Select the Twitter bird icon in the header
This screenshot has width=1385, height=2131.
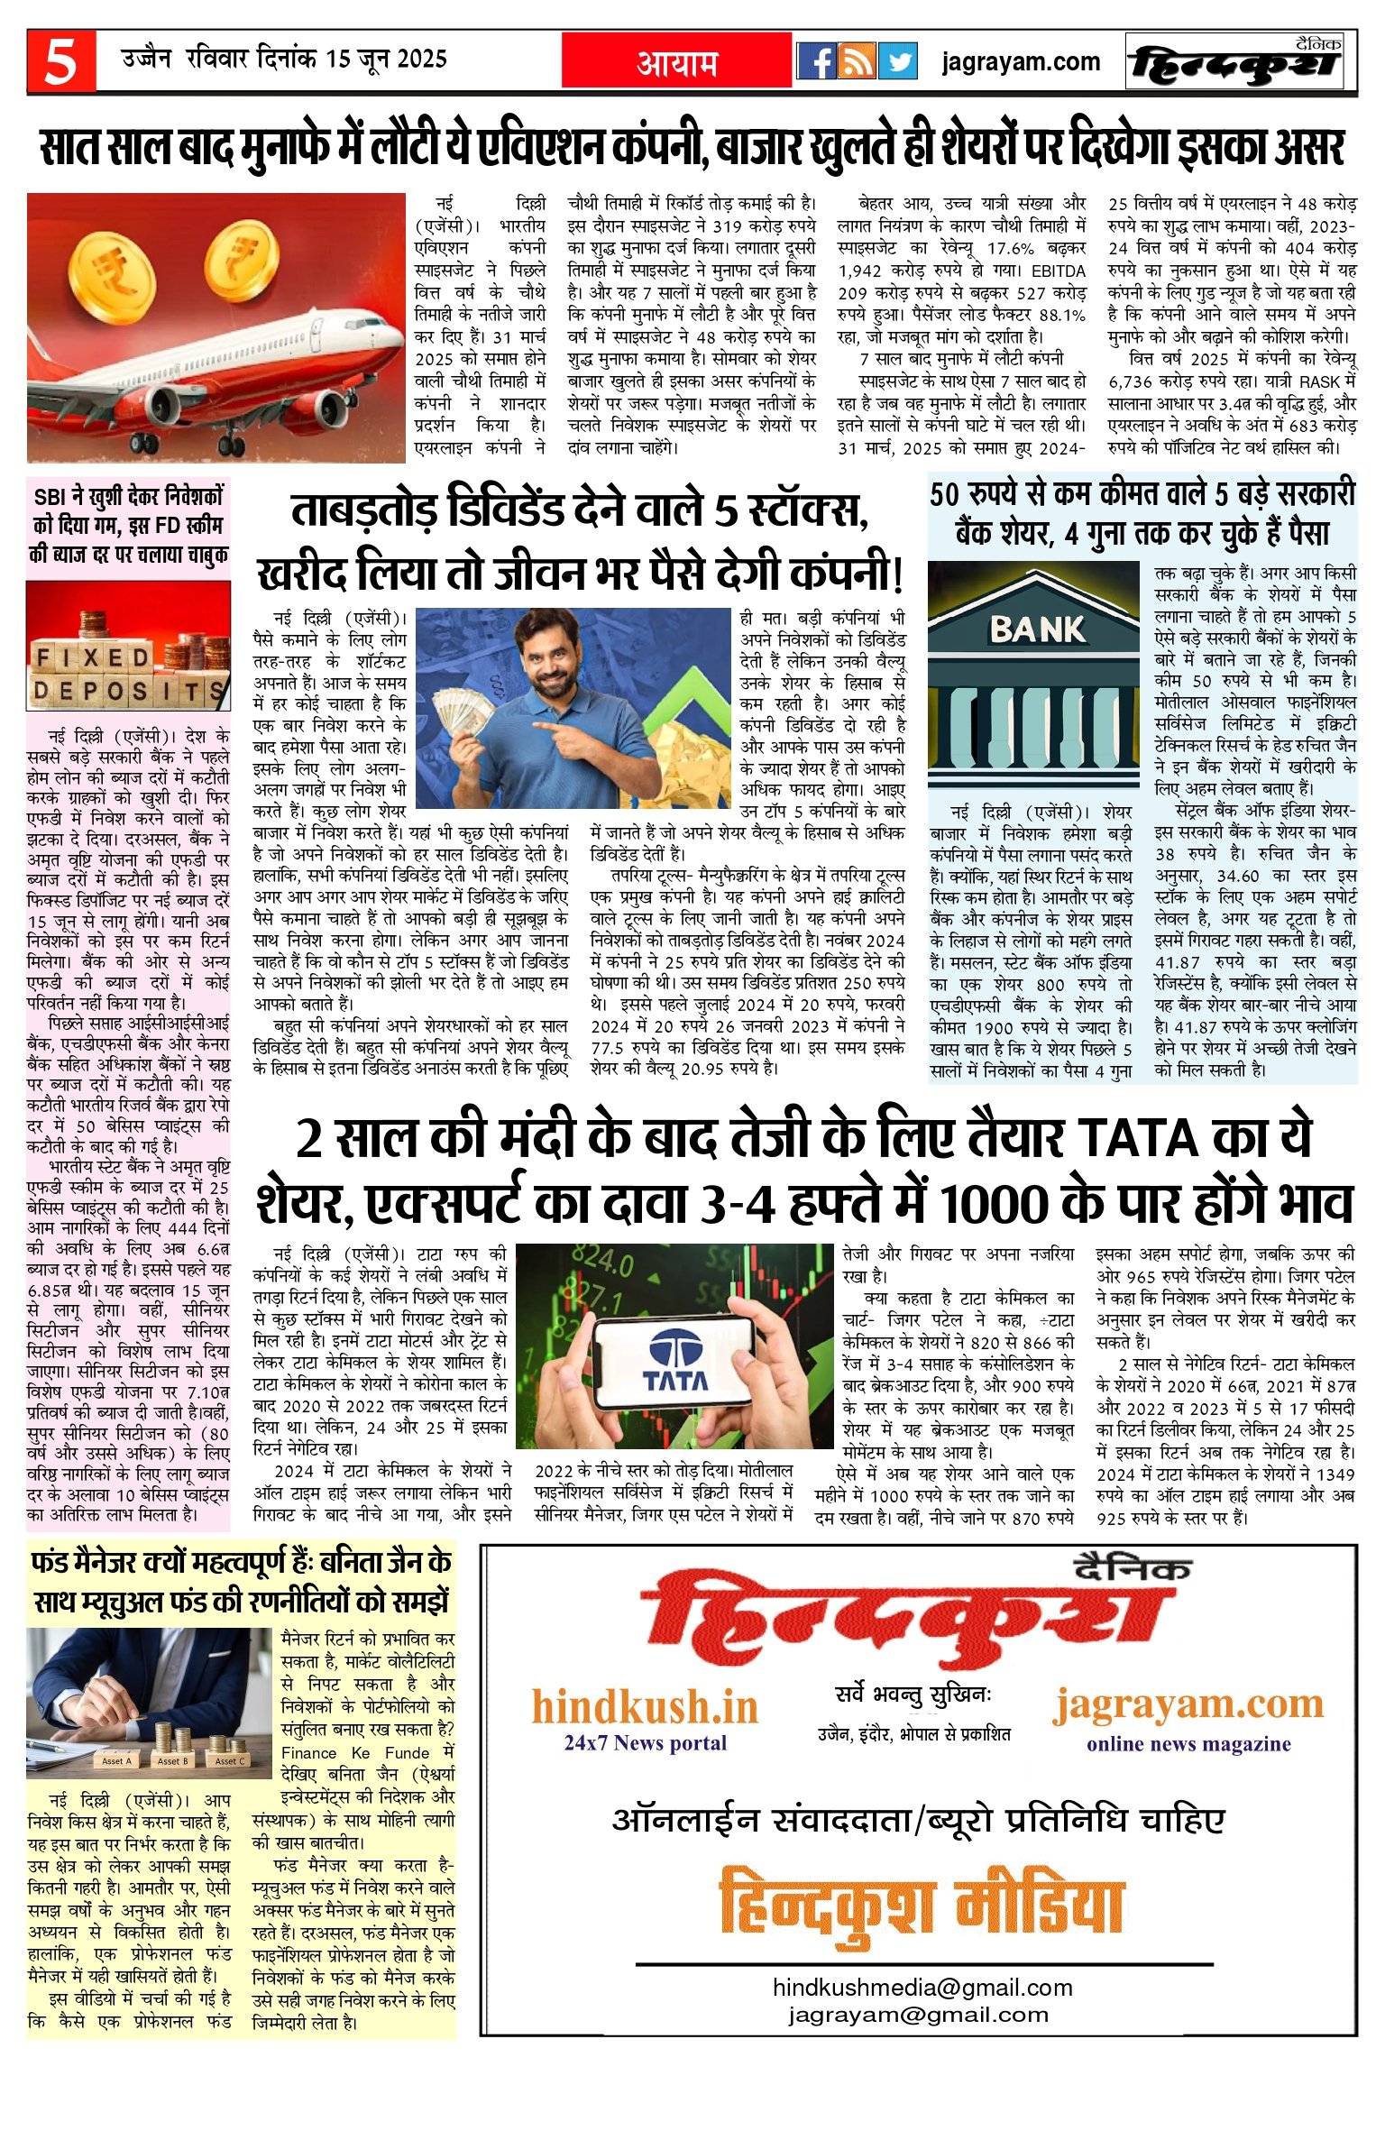[896, 61]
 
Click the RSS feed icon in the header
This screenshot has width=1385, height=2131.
[857, 61]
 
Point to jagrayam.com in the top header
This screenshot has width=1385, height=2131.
[1020, 61]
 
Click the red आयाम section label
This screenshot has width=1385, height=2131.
[677, 62]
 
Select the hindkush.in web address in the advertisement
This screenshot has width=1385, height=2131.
[645, 1706]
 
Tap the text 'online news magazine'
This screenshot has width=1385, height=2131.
[1188, 1743]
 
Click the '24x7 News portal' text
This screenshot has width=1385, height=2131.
[645, 1742]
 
